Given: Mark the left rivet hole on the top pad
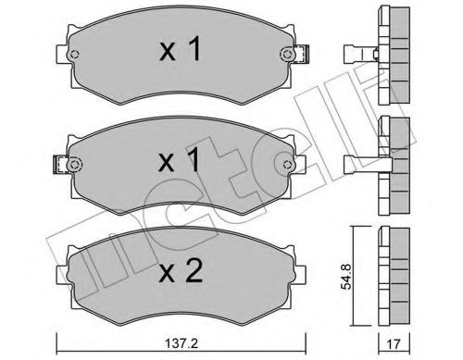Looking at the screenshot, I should pos(77,56).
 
